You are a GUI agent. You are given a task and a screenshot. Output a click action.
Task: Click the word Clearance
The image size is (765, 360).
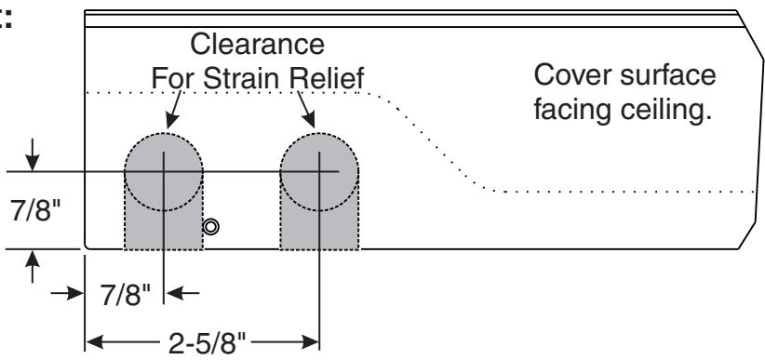[257, 44]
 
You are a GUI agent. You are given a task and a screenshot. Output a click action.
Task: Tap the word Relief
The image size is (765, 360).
[327, 78]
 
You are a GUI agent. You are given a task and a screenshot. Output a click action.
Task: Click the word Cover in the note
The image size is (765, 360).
[570, 75]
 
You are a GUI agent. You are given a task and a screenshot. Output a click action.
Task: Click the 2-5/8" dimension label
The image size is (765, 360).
[208, 342]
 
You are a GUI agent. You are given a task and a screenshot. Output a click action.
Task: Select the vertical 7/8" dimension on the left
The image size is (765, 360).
[36, 210]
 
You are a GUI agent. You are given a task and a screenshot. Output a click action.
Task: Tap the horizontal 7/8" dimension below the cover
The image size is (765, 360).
[126, 294]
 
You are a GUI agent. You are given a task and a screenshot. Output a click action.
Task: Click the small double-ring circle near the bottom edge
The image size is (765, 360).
[210, 227]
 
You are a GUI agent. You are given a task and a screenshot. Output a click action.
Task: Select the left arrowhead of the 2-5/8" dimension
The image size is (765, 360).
[94, 342]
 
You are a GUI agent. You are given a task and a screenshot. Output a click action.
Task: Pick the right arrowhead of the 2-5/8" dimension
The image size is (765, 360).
[310, 342]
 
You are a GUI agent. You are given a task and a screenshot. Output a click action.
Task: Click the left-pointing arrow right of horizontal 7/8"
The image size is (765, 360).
[182, 293]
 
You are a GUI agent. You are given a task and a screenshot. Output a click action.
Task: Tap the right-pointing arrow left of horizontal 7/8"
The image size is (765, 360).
[67, 293]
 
